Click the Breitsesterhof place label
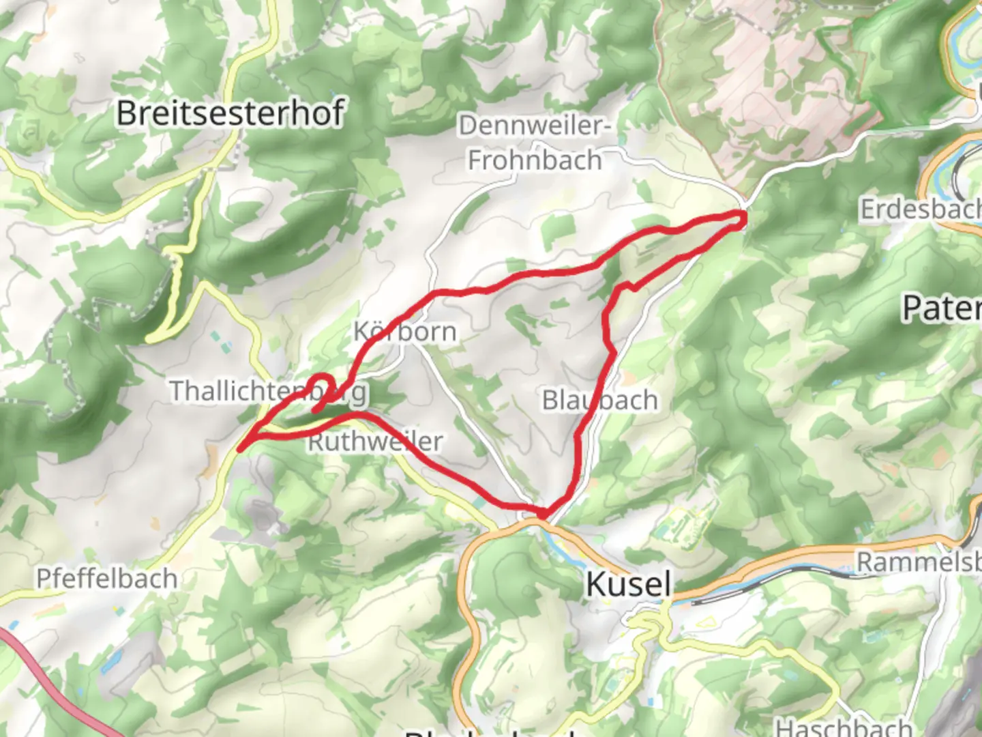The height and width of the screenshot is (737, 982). pos(230,113)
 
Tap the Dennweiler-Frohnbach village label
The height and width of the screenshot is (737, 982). pos(535,143)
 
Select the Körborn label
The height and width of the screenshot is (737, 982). pos(405,332)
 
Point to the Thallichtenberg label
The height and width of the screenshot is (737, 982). pos(268,391)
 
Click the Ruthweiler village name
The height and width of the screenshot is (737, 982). pos(375,442)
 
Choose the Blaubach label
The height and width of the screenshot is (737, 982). pos(600,400)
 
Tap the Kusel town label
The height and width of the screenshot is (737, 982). pos(629,584)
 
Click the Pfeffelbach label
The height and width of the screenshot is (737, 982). pos(107,579)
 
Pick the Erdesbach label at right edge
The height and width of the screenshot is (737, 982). pos(921,209)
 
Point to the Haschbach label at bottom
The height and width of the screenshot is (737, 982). pos(844,726)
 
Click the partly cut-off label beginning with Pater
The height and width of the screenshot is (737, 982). pos(941,308)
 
